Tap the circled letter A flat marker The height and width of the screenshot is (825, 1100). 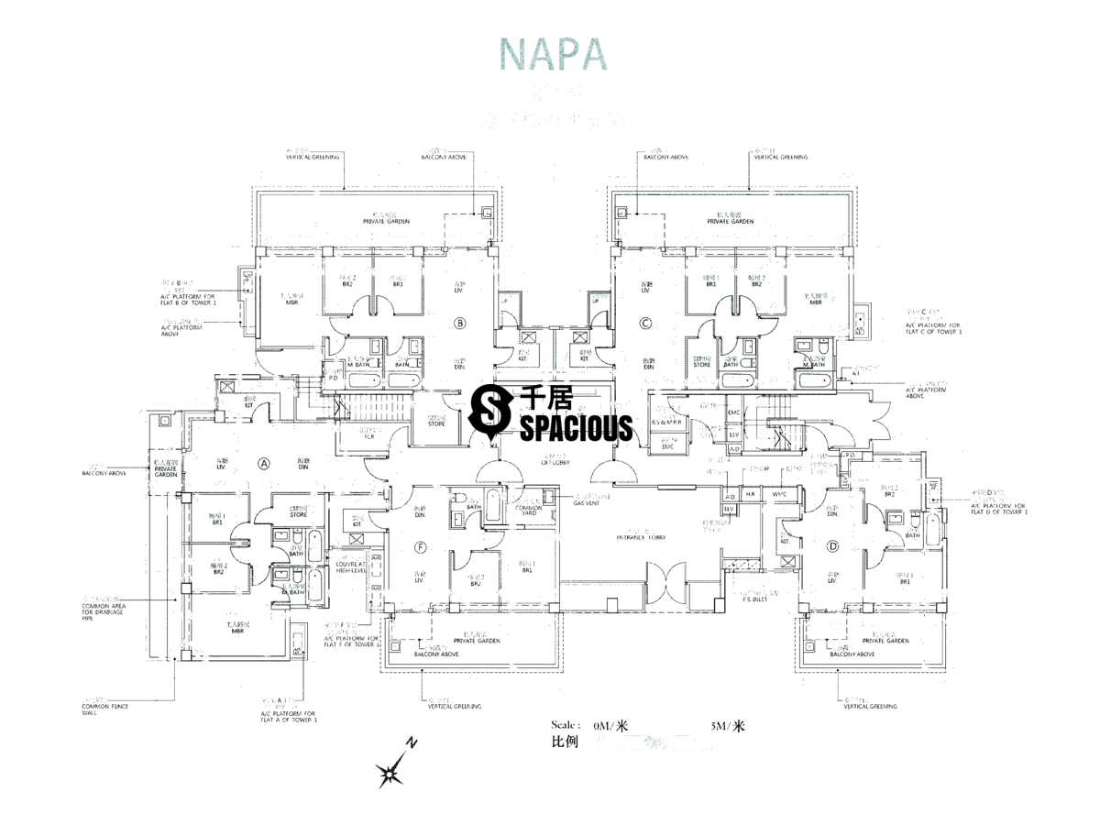click(x=263, y=463)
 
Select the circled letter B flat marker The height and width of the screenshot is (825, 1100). click(x=460, y=322)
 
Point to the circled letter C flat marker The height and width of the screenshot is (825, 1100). click(x=645, y=322)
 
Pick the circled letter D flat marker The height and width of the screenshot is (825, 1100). click(x=832, y=546)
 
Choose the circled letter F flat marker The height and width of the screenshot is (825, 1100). click(x=420, y=547)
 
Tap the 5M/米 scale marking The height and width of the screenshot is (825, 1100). click(x=727, y=727)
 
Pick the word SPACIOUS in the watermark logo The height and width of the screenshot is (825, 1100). click(x=576, y=427)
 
